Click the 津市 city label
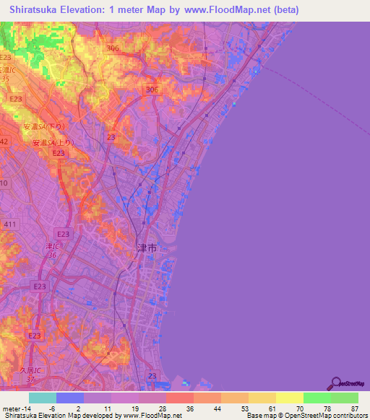pos(147,248)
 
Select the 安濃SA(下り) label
pos(32,127)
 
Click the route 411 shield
pos(9,225)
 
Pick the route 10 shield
pos(4,184)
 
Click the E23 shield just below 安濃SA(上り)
pos(59,153)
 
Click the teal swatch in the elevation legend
pos(43,398)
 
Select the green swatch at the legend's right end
pos(345,398)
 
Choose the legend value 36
pos(189,409)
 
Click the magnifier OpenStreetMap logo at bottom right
pos(335,382)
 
